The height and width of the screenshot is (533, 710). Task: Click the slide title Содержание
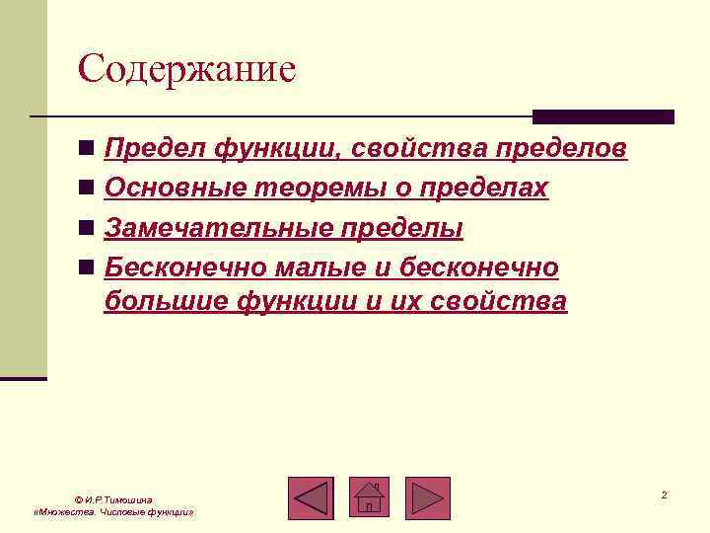tap(187, 69)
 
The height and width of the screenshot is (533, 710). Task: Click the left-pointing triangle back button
tap(312, 498)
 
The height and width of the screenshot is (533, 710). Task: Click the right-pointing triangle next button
tap(427, 498)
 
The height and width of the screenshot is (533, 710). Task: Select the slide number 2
tap(665, 495)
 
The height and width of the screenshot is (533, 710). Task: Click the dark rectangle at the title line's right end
tap(603, 116)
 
